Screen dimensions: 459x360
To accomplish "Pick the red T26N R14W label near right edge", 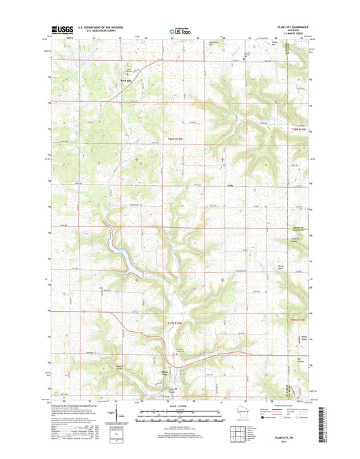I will click(298, 128).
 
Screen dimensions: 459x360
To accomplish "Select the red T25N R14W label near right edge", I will click(298, 320).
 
